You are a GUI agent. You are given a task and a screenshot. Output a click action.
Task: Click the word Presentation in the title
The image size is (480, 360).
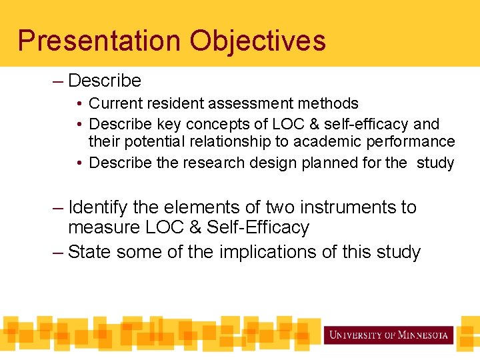tap(99, 40)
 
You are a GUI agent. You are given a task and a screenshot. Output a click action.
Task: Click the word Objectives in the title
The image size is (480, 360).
tap(257, 40)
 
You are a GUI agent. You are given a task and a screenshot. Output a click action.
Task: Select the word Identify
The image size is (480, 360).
tap(98, 207)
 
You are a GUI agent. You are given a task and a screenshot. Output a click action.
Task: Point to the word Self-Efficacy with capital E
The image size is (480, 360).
tap(258, 227)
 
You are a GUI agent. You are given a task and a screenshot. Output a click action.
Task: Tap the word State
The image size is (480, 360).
tap(91, 252)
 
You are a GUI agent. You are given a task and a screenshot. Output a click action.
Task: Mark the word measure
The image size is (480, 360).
tap(103, 227)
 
